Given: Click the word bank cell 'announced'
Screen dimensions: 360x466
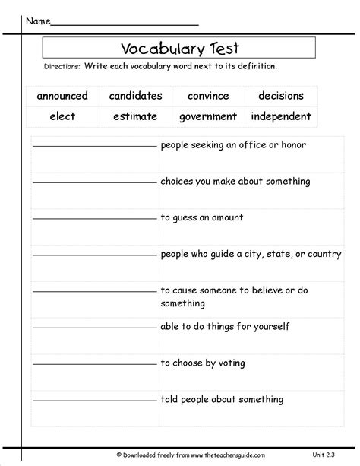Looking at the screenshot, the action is (x=62, y=97).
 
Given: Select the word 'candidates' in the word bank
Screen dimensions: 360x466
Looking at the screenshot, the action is (x=135, y=97).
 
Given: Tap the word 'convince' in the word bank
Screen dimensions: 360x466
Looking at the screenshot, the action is (x=207, y=97).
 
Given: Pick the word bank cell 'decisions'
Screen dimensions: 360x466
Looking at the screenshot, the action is (x=281, y=97).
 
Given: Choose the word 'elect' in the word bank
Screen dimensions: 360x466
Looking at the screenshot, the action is (x=62, y=117).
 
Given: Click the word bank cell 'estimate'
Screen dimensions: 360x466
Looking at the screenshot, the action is (x=135, y=117).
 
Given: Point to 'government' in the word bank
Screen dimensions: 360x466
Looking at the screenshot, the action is (x=207, y=117).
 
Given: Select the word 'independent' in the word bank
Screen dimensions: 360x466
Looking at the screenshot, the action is (x=281, y=117).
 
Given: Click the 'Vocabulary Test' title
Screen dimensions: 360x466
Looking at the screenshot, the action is (x=178, y=49).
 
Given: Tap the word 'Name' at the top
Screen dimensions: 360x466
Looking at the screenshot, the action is (x=39, y=21).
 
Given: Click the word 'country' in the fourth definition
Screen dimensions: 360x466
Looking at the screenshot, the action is (x=324, y=255).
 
